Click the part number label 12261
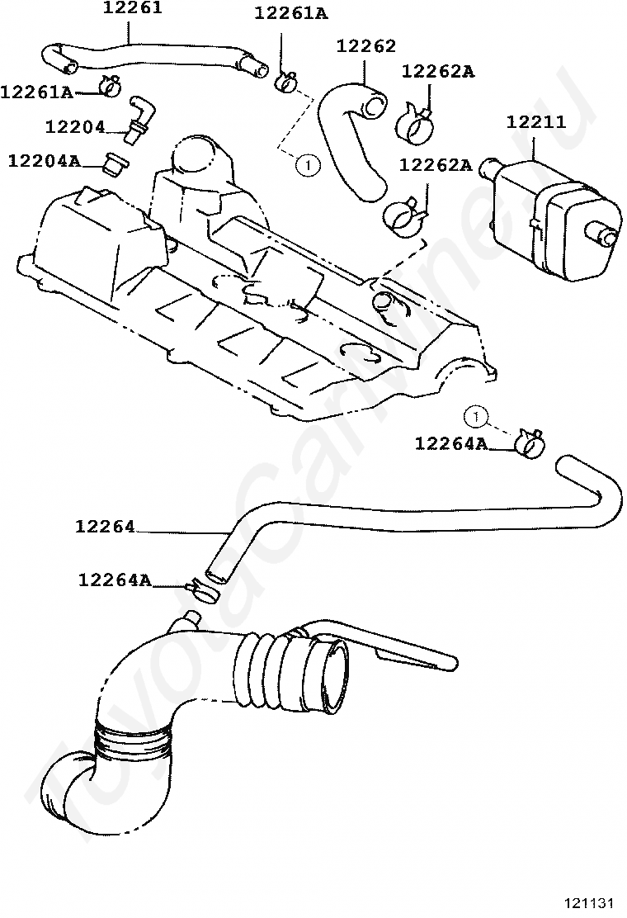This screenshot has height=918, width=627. click(x=133, y=9)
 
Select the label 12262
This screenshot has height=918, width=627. click(x=366, y=46)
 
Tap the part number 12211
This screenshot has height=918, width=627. click(x=535, y=122)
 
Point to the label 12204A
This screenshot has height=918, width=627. click(x=44, y=160)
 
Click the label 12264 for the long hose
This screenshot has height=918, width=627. click(x=105, y=526)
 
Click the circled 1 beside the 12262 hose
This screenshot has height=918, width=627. click(x=307, y=165)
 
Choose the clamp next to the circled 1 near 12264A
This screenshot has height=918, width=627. click(x=528, y=443)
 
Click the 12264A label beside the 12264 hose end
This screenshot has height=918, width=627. click(x=115, y=580)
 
